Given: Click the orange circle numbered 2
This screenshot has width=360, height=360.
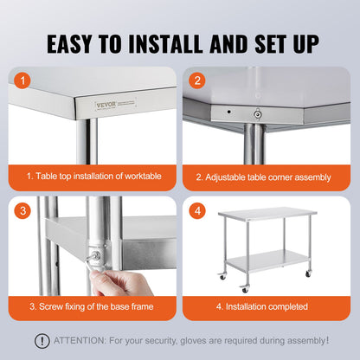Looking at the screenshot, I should (x=197, y=81).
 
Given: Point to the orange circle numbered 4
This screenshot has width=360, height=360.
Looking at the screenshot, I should (x=197, y=209).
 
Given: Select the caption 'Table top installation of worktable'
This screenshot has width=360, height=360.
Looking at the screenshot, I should (x=93, y=176).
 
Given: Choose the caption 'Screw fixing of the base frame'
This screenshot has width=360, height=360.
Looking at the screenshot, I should (x=93, y=305).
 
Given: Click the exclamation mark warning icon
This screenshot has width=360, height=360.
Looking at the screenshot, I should (x=42, y=341).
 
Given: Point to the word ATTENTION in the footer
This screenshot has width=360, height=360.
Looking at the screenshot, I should (x=83, y=341).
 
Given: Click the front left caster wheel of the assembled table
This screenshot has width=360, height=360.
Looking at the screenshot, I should (x=245, y=289).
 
